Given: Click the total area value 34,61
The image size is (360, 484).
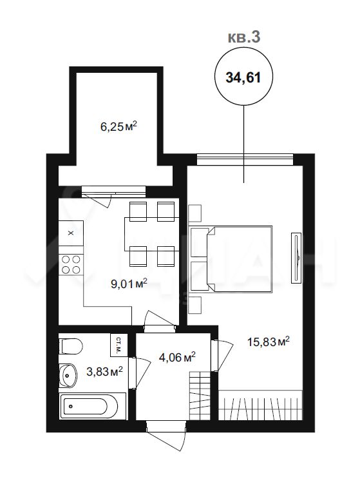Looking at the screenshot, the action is point(243,77).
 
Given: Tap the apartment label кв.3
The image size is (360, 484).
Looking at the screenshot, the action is point(244,37).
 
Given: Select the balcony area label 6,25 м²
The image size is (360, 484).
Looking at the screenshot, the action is point(118,126).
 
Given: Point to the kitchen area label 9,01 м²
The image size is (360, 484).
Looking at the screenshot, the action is point(129,284).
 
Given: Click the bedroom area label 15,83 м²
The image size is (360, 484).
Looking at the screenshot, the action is point(269,342).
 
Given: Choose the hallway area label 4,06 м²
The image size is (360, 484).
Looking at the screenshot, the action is point(177,357).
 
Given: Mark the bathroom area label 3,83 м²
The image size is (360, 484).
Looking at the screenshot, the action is point(104,371).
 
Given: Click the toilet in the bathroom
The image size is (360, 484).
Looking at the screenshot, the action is point(71,346).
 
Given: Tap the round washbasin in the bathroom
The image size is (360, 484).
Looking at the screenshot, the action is point(67,375).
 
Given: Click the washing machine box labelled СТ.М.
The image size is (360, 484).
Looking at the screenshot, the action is point(118,345).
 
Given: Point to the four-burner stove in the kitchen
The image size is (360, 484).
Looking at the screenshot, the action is point(71,264).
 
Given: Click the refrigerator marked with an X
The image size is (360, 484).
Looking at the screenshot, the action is point(71,233).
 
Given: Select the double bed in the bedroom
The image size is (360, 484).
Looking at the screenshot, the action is point(231,259).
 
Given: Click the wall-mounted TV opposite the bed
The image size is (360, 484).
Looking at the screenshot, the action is point(296,257).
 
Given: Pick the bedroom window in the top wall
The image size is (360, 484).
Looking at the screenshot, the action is point(245,159).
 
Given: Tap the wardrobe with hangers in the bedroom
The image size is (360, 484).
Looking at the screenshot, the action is point(260,405).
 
